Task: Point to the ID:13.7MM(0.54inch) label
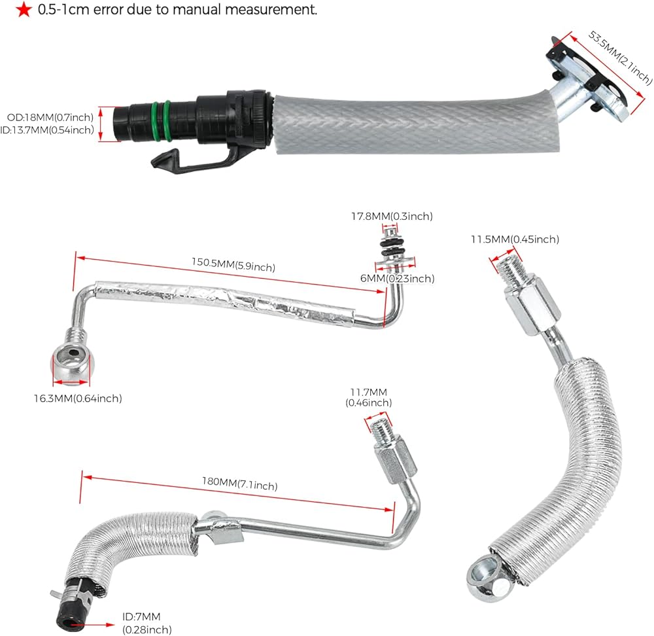click(x=51, y=130)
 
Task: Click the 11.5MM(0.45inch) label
click(x=515, y=239)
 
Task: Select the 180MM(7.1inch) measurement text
click(x=239, y=485)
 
